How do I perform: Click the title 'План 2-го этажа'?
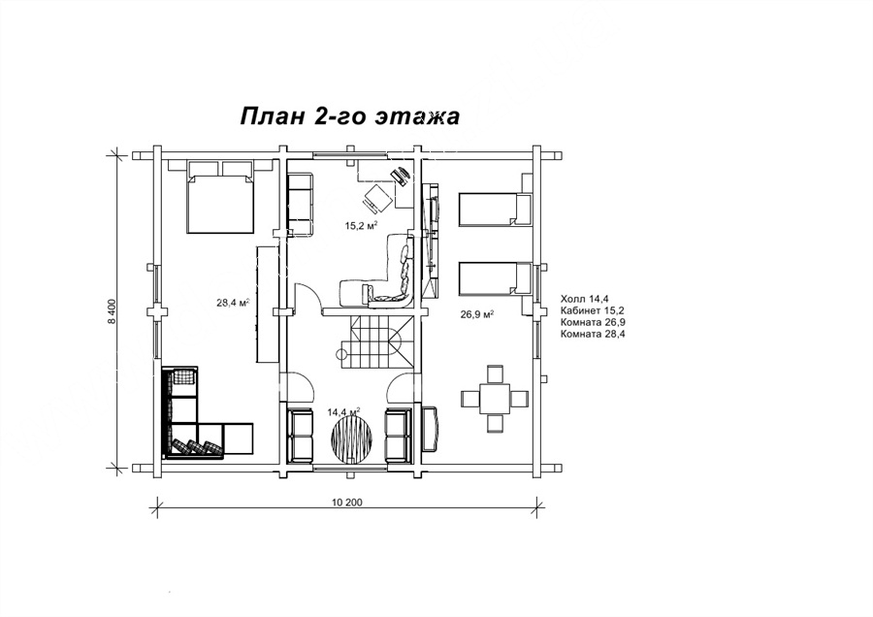click(349, 116)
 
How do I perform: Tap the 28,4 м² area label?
click(232, 303)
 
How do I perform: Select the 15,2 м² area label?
click(362, 225)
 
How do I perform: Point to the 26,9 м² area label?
click(477, 314)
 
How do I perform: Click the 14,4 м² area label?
click(343, 412)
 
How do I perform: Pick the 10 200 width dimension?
click(347, 503)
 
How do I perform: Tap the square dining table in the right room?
click(496, 399)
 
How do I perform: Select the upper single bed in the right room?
click(495, 210)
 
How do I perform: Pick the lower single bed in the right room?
click(495, 277)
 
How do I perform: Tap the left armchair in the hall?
click(300, 435)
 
